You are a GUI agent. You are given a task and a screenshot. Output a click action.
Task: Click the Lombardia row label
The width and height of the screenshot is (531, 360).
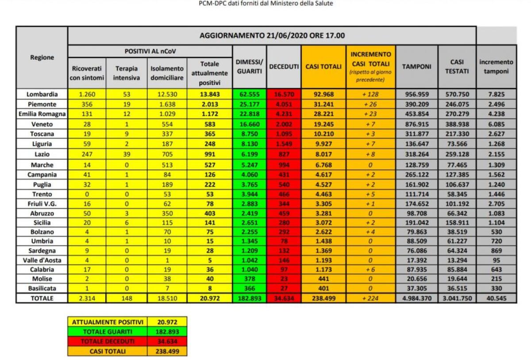[42, 94]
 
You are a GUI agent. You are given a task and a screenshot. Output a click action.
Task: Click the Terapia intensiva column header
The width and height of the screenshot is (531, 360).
[127, 73]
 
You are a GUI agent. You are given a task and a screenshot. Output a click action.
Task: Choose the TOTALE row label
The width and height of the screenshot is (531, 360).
[42, 298]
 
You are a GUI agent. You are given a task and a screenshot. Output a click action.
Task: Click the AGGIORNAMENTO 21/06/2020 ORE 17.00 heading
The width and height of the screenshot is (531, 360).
[272, 35]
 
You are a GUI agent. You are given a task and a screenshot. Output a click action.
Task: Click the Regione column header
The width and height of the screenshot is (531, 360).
[42, 57]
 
